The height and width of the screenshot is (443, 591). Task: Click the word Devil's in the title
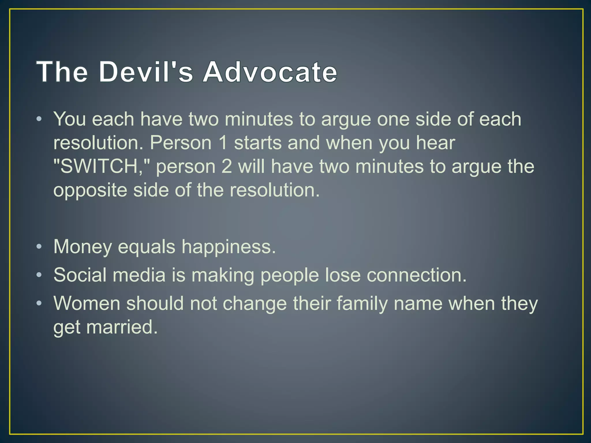pos(146,72)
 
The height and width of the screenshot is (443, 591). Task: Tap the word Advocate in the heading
pos(270,72)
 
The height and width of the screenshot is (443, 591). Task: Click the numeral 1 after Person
pos(223,143)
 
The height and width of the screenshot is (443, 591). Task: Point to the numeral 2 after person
pos(227,167)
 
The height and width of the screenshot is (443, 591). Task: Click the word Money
pos(83,247)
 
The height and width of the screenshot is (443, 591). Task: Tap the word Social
pos(80,275)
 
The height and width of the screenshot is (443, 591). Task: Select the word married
pos(122,327)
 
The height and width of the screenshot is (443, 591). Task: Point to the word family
pos(362,303)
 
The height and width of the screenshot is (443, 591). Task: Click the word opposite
pos(90,190)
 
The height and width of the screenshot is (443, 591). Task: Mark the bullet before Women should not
pos(39,303)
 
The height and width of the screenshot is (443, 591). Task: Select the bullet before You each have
pos(39,119)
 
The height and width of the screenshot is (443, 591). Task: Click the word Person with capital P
pos(181,143)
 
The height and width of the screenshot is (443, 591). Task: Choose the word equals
pos(147,247)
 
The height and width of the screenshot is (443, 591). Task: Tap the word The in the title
pos(62,72)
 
